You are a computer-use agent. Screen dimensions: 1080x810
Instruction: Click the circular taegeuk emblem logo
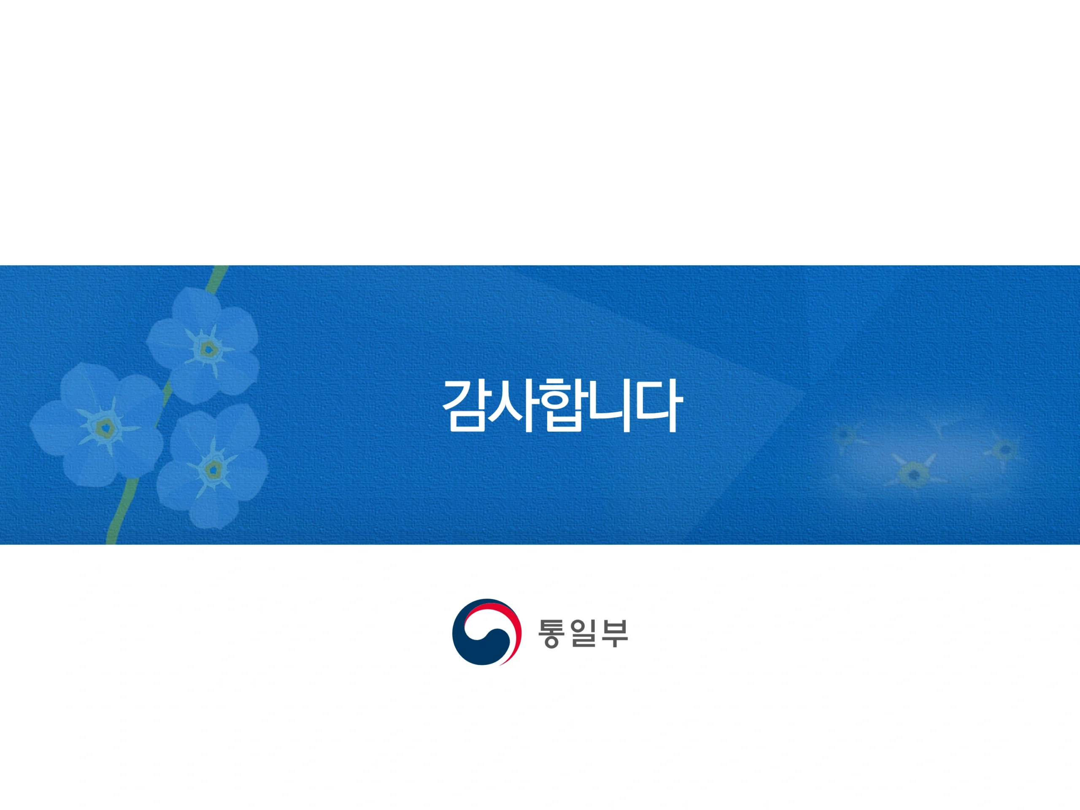click(486, 632)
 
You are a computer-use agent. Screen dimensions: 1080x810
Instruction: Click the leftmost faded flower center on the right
click(843, 433)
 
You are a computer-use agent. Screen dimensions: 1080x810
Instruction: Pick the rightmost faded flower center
click(1004, 449)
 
